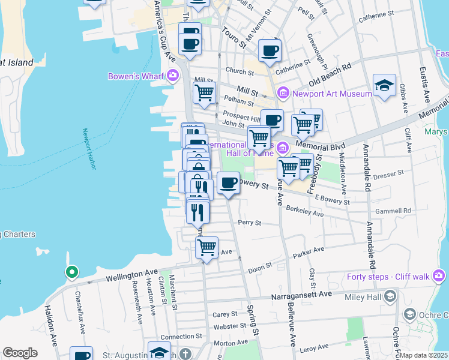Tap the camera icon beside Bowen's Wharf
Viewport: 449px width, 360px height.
(173, 76)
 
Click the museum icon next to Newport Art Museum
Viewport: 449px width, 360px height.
(283, 93)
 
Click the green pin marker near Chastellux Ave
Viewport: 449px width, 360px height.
(71, 272)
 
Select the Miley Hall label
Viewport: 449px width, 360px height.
(366, 296)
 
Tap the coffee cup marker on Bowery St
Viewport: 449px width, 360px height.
(228, 182)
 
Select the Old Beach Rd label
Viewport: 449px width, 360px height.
(330, 75)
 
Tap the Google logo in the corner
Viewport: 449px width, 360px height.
(20, 353)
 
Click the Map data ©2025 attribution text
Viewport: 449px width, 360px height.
(424, 355)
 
